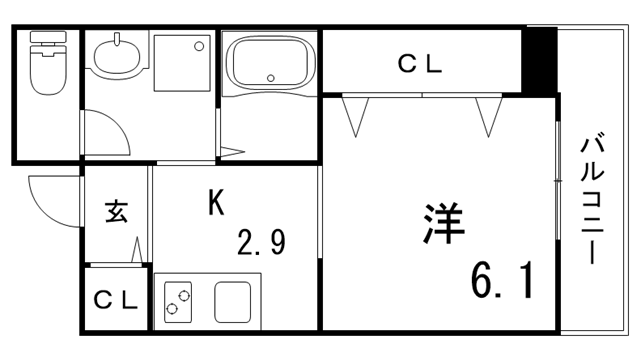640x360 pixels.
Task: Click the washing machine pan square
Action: (183, 64)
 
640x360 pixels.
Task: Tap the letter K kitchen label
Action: (215, 203)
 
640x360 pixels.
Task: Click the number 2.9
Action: (262, 242)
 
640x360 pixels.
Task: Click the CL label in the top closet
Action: (420, 65)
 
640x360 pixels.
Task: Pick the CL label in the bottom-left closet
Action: (114, 299)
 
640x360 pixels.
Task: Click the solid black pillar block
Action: (541, 61)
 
